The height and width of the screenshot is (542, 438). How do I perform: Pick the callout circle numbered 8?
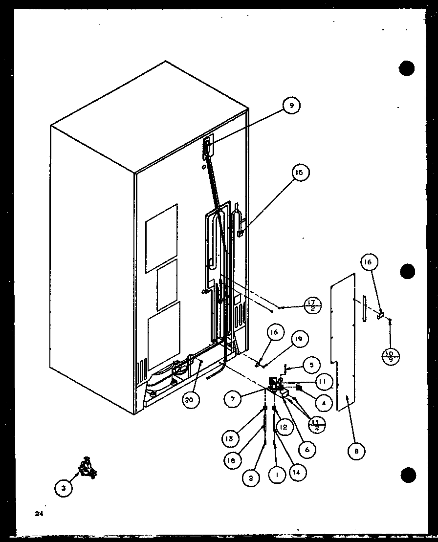click(x=357, y=452)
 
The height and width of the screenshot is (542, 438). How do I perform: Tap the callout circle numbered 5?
click(x=311, y=364)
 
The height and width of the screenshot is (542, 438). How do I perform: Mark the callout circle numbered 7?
click(x=234, y=399)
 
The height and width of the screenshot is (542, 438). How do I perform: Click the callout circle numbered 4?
click(x=324, y=403)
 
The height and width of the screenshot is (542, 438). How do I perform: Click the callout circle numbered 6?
click(x=307, y=450)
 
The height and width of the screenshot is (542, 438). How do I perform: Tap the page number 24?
click(x=39, y=514)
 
